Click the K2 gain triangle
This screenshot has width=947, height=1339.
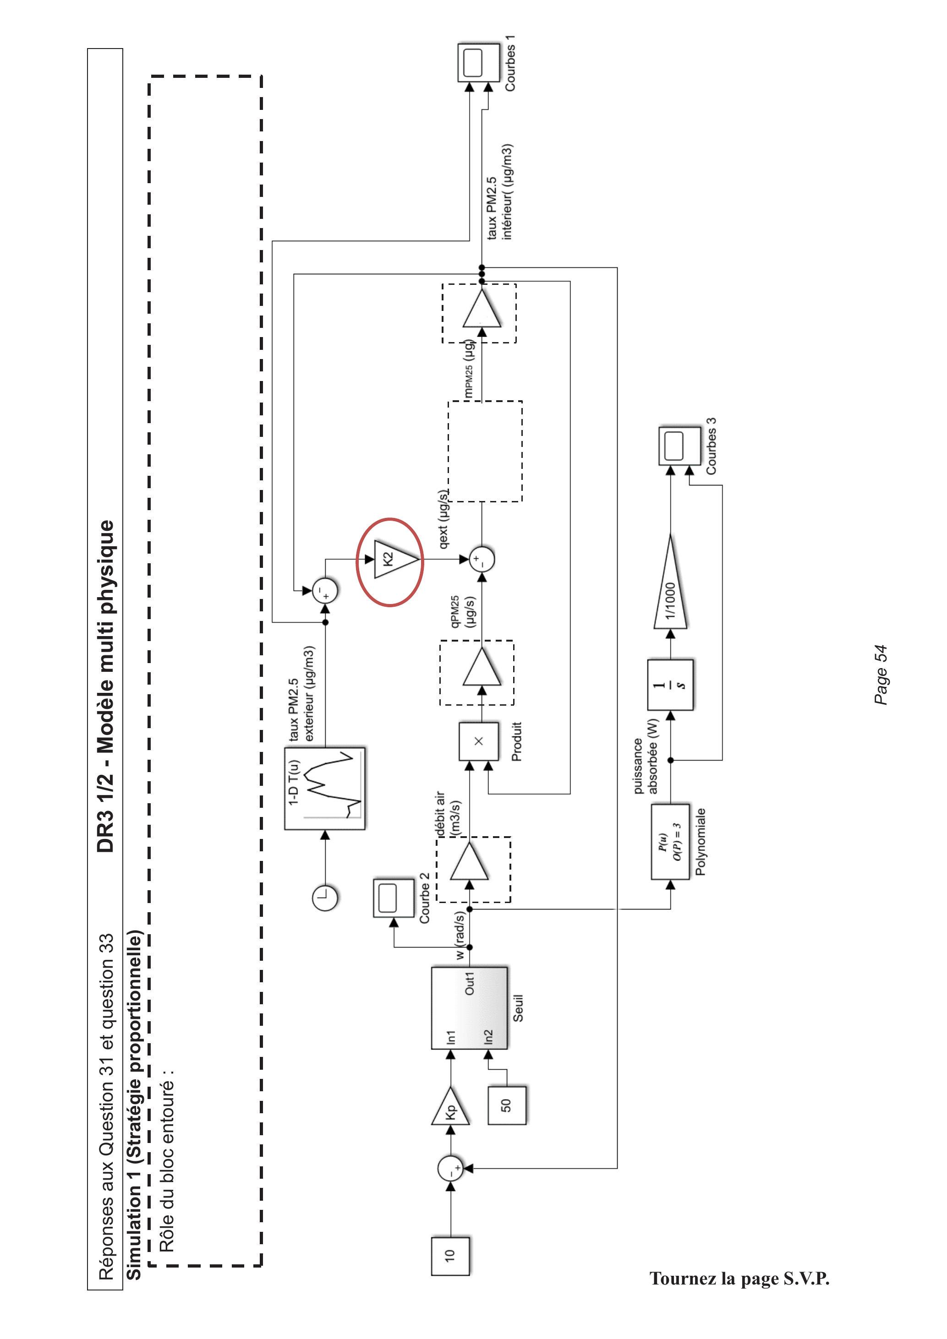[393, 560]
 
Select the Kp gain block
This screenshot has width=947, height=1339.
[450, 1106]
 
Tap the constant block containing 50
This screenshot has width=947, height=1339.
[506, 1105]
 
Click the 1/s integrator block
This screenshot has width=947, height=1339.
[670, 685]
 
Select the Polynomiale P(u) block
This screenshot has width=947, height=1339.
[670, 842]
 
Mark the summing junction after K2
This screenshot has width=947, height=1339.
[482, 560]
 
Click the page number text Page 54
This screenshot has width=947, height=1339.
[881, 675]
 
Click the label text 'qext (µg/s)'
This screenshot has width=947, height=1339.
[444, 519]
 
